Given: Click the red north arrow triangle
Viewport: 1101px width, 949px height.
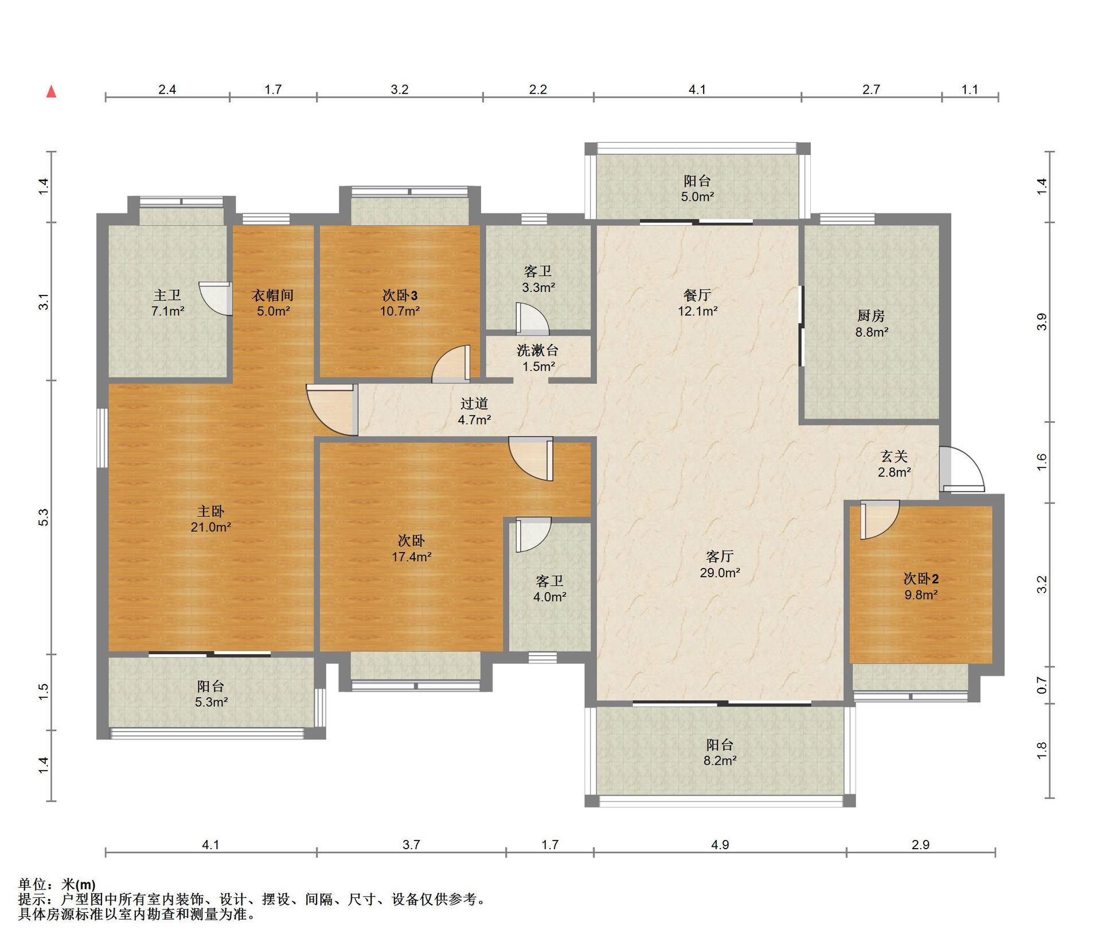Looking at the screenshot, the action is (51, 92).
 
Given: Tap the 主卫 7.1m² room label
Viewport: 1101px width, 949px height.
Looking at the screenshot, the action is (167, 303).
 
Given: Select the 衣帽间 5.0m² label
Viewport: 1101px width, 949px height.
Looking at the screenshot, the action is (273, 303).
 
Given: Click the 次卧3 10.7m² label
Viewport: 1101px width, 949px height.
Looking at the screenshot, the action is (400, 303).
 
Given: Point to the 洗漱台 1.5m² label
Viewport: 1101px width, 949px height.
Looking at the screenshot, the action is (537, 358).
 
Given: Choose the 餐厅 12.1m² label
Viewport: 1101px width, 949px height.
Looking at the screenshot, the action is (697, 303).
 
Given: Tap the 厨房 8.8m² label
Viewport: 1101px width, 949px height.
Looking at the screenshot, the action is (872, 324).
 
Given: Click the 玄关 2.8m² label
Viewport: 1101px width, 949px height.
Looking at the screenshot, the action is (895, 464).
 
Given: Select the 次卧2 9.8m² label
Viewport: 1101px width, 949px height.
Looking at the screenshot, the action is (921, 586).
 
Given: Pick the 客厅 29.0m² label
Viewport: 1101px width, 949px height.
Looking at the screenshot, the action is (720, 564).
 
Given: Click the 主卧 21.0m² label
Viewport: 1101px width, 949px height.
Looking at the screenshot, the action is (210, 519).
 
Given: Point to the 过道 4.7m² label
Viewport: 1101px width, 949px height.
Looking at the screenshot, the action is (474, 411).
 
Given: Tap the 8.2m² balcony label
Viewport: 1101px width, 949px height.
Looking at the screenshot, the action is (720, 753).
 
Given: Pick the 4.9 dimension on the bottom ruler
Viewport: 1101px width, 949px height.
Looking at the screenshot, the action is (720, 845).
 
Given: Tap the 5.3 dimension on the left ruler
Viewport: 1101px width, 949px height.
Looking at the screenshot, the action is (44, 517).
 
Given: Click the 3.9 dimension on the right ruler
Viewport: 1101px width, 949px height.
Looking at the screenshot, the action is (1042, 322).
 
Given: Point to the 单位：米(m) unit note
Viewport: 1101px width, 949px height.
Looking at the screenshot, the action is (57, 884).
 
